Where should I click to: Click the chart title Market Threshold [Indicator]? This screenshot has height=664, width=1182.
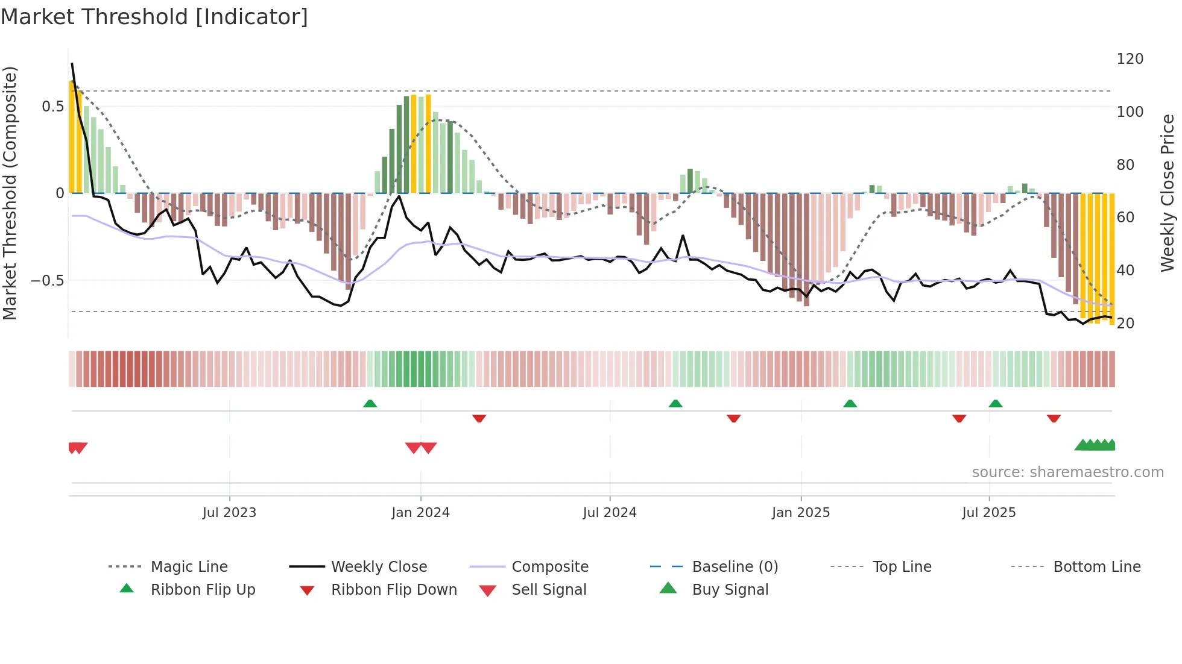[154, 17]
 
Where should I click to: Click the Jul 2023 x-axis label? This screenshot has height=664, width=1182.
[229, 513]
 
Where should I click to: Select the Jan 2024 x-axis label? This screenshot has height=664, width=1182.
[420, 513]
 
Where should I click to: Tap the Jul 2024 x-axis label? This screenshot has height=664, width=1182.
[610, 513]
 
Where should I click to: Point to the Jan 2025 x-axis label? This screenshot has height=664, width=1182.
[801, 513]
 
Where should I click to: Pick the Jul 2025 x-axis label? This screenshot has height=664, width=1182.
[989, 513]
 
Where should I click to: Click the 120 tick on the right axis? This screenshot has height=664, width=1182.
[1130, 59]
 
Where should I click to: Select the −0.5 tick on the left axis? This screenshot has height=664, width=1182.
[47, 281]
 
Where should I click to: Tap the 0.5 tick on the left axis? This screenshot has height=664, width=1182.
[52, 107]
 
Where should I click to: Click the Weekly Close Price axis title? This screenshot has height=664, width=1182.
[1168, 193]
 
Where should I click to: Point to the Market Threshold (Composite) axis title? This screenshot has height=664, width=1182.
[10, 193]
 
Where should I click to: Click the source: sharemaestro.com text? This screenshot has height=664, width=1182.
[1067, 472]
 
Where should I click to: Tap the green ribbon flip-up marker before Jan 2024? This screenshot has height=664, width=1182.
[370, 404]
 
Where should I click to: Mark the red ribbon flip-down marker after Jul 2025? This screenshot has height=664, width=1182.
[1054, 418]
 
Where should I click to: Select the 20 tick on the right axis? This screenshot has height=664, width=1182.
[1125, 324]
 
